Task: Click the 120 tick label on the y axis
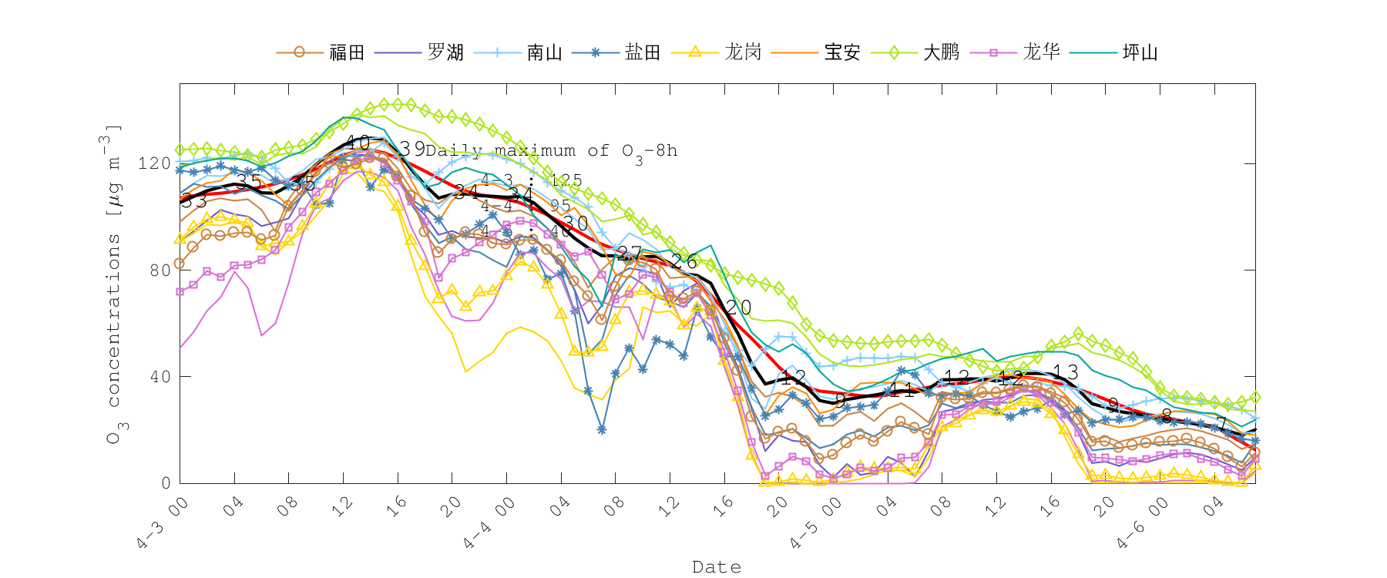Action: [x=153, y=163]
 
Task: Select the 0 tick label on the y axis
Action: [x=166, y=483]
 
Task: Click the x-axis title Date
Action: [x=717, y=567]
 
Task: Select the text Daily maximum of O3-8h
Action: [x=551, y=151]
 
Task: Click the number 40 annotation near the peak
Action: [x=357, y=143]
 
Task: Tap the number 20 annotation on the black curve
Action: [x=738, y=307]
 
